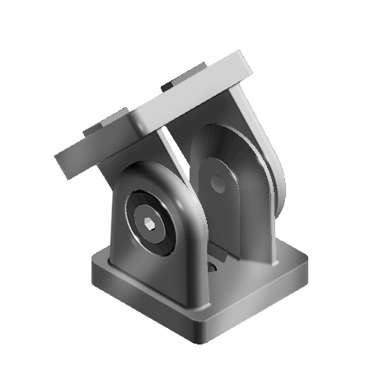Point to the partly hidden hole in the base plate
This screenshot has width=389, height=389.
pos(213,267)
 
